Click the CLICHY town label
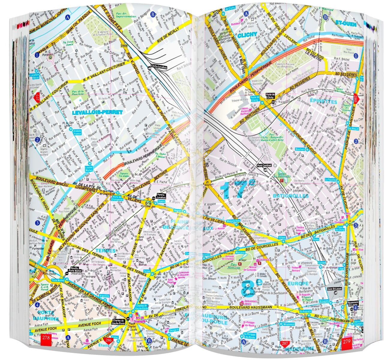(247, 35)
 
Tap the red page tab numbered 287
(284, 343)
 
